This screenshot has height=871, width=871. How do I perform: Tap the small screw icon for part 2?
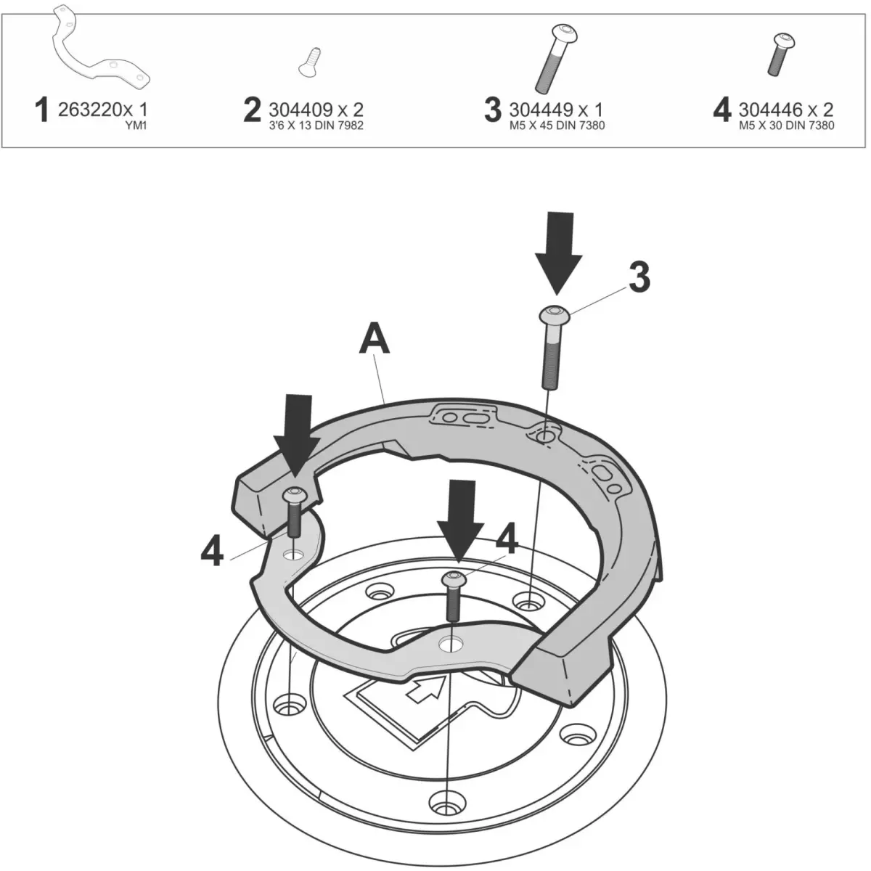point(310,62)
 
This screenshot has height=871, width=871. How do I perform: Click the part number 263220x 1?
point(101,110)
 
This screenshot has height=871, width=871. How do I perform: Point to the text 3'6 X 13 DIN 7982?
point(316,126)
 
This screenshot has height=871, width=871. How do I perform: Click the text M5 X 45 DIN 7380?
point(557,126)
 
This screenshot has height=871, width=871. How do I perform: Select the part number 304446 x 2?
point(785,110)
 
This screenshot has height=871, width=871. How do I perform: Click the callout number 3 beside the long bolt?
point(639,278)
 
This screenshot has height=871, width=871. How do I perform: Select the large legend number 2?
point(252,110)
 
